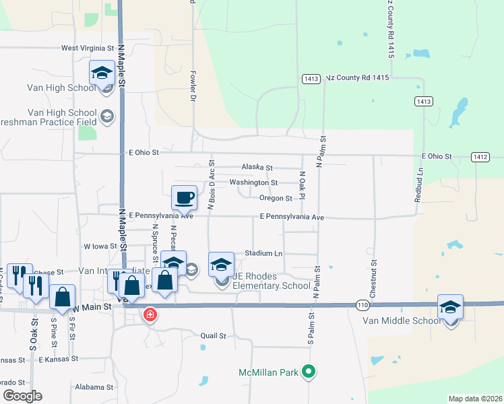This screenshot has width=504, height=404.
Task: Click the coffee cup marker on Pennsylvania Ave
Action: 185,198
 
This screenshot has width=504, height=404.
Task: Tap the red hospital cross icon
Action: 149,314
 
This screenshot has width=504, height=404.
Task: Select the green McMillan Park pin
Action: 309,371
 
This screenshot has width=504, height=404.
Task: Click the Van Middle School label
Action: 401,320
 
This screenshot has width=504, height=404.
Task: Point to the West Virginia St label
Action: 88,48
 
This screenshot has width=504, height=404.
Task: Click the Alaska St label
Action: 257,168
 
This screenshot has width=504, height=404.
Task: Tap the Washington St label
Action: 253,182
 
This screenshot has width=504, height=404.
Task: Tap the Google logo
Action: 22,396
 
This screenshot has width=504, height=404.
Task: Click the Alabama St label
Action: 94,387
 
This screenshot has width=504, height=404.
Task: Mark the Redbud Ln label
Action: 419,182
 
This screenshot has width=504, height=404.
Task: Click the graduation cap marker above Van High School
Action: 102,72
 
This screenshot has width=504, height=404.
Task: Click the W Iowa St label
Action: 100,246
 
